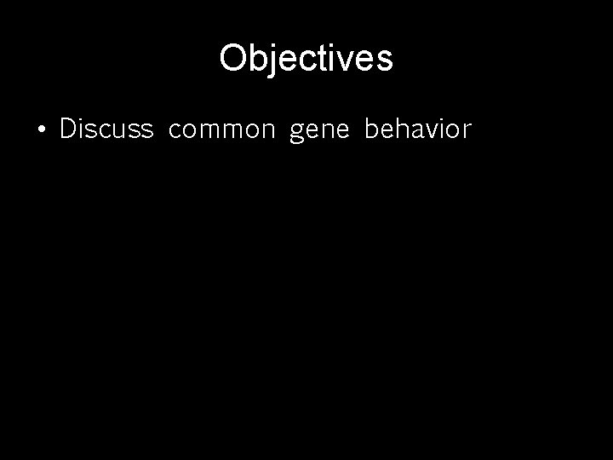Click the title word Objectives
(x=306, y=59)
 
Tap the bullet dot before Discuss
(x=41, y=130)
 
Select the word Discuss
(x=106, y=129)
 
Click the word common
(x=222, y=130)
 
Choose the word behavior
(x=417, y=129)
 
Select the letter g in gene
(x=297, y=134)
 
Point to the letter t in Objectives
(x=325, y=59)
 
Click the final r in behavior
(x=466, y=131)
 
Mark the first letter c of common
(x=175, y=131)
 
